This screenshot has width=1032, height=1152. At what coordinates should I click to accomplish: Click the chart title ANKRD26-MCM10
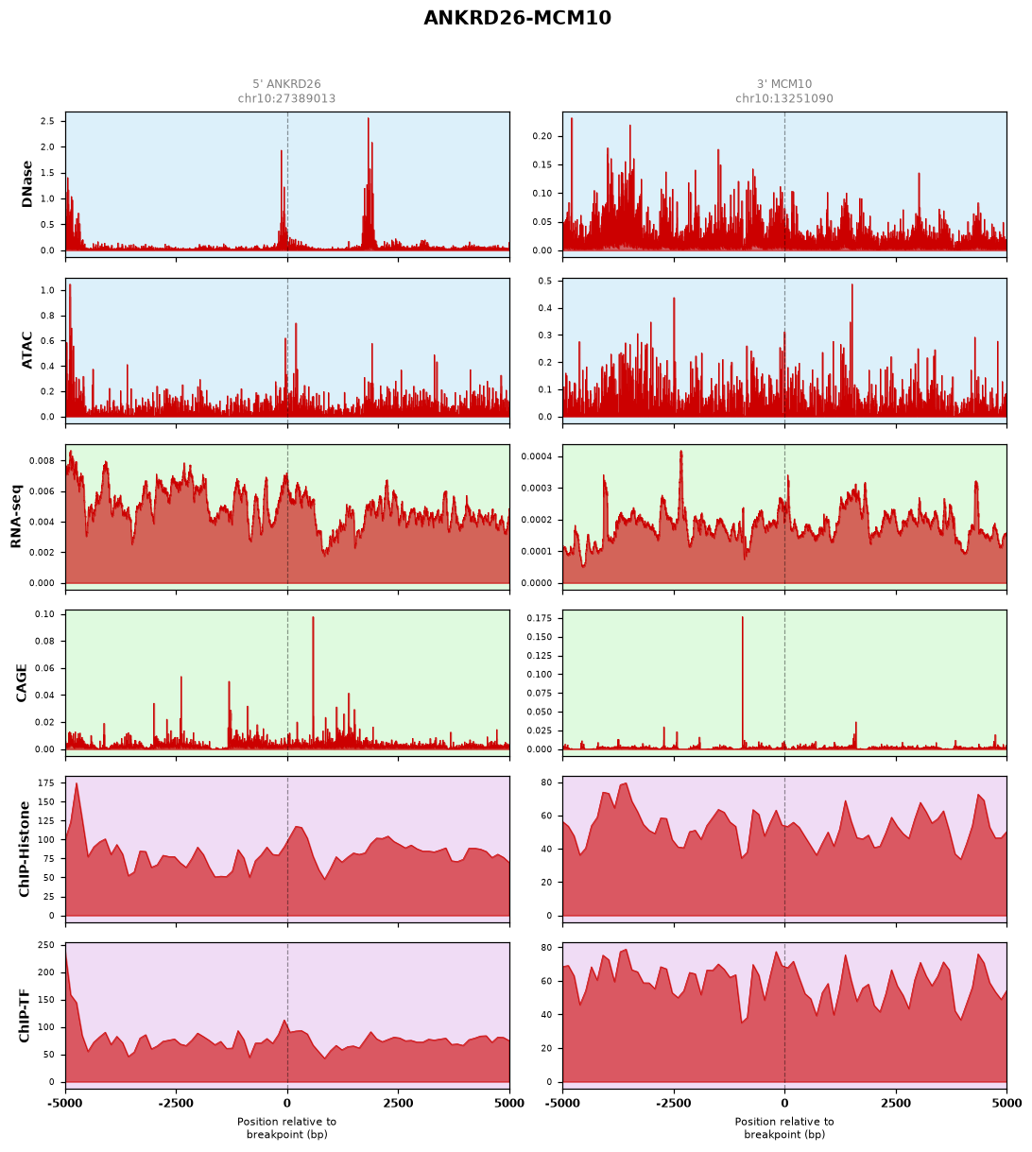(517, 18)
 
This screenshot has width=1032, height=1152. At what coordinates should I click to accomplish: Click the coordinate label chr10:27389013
(286, 98)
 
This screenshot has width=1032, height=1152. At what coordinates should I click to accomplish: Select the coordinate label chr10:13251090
(784, 98)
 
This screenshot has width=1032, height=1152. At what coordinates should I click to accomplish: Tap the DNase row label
(26, 184)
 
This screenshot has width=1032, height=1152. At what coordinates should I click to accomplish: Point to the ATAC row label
(26, 351)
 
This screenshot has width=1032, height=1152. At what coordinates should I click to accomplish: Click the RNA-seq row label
(16, 516)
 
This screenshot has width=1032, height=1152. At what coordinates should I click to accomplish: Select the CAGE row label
(21, 683)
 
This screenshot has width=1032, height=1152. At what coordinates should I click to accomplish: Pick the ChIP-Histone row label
(24, 849)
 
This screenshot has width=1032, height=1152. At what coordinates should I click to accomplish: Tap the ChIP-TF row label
(24, 1015)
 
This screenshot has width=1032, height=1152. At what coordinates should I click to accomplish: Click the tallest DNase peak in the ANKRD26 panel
(369, 119)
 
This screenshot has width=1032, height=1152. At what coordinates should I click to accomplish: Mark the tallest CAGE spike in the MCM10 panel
(742, 618)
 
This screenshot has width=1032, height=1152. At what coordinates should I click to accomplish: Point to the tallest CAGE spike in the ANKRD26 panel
(313, 618)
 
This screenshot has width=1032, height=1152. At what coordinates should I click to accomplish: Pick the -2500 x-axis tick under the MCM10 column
(674, 1104)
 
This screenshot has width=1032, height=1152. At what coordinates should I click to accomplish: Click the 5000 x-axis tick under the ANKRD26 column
(508, 1104)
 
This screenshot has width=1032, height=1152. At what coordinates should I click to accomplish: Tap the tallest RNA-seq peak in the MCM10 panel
(681, 453)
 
